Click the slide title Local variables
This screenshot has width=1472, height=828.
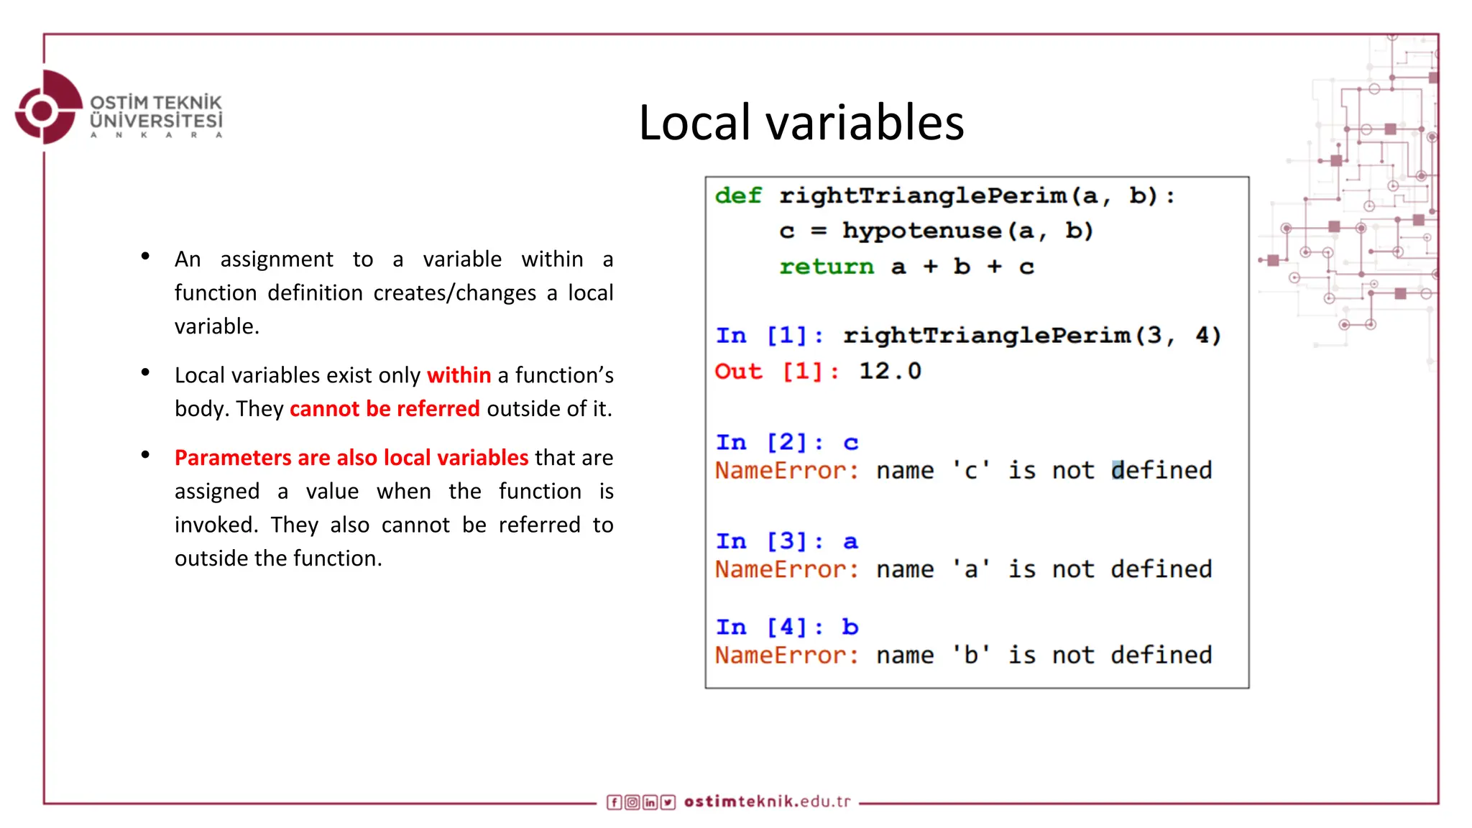click(x=801, y=122)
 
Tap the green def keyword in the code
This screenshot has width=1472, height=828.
click(x=738, y=195)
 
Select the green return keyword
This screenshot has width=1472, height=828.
click(x=827, y=267)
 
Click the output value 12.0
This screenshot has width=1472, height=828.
click(x=890, y=371)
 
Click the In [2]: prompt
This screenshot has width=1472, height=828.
click(x=769, y=442)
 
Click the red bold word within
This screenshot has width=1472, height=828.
click(x=459, y=375)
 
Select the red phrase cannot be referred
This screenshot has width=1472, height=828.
click(x=385, y=409)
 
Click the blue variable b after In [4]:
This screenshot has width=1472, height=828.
click(x=850, y=627)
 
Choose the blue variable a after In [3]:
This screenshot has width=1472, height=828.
click(x=850, y=541)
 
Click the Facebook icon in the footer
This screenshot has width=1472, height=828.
click(x=614, y=802)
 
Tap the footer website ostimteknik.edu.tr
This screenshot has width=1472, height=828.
click(x=767, y=801)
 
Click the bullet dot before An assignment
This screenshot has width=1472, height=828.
click(x=145, y=256)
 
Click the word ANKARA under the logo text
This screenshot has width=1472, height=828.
click(x=156, y=135)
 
